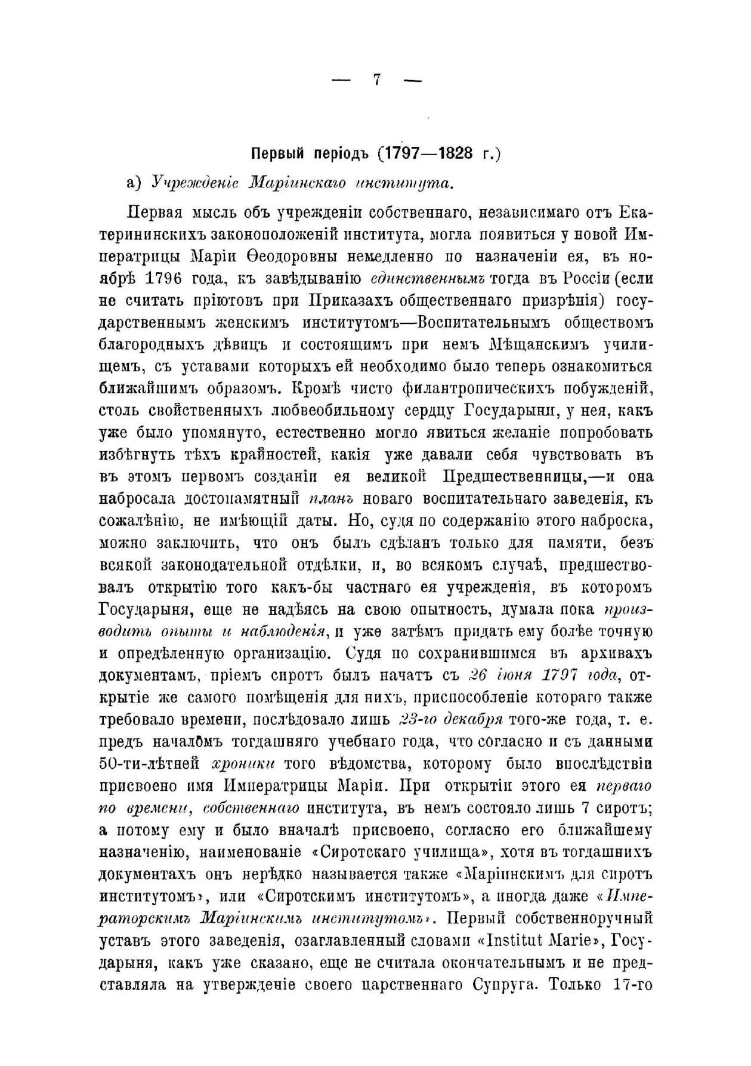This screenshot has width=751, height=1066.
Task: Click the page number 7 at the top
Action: click(376, 80)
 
